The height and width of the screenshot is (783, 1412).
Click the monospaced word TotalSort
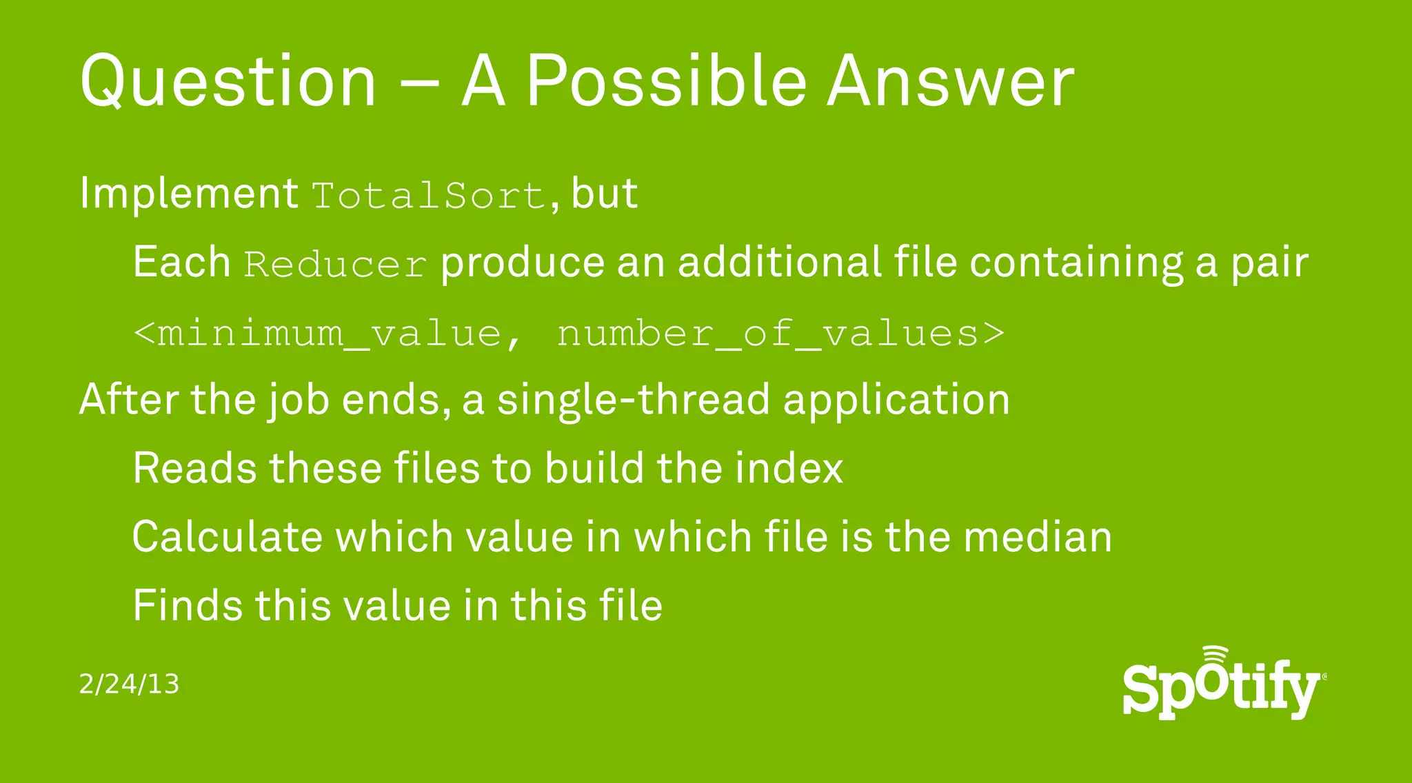429,196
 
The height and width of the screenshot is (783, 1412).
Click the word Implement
188,193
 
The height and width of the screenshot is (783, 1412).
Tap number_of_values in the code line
767,334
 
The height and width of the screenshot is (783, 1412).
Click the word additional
779,262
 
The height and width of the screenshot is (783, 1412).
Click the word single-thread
633,400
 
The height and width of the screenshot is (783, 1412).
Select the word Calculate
227,537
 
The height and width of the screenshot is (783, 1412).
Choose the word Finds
188,606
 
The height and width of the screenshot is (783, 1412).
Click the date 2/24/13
129,684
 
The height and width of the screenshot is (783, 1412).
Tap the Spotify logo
1222,684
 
